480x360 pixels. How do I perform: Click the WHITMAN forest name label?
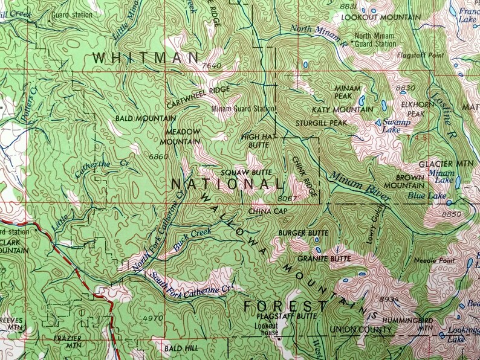(x=146, y=58)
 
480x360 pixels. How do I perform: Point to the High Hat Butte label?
(x=259, y=141)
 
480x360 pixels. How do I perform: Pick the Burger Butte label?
(x=303, y=233)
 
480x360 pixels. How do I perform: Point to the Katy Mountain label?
(x=342, y=109)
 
